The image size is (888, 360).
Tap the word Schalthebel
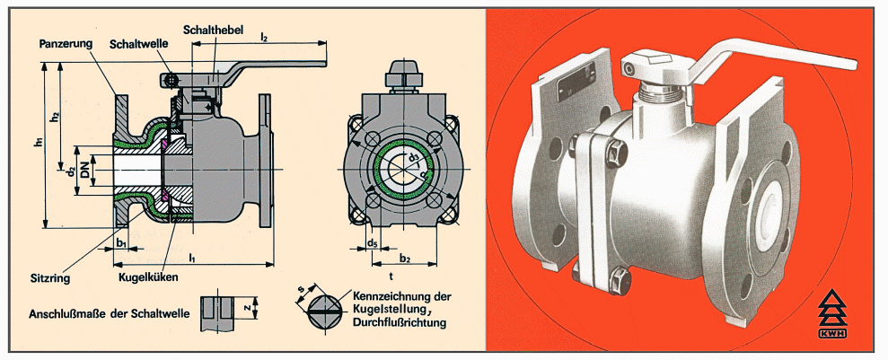(x=213, y=30)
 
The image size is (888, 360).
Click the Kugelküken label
(x=148, y=277)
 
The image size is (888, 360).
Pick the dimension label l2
(x=264, y=36)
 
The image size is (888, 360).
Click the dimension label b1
(x=121, y=242)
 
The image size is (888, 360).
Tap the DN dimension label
(x=85, y=170)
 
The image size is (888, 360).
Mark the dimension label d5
(x=372, y=242)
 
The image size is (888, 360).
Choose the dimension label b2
(x=404, y=259)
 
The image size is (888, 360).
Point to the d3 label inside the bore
(x=415, y=155)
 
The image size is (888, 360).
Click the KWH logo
(x=832, y=316)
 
